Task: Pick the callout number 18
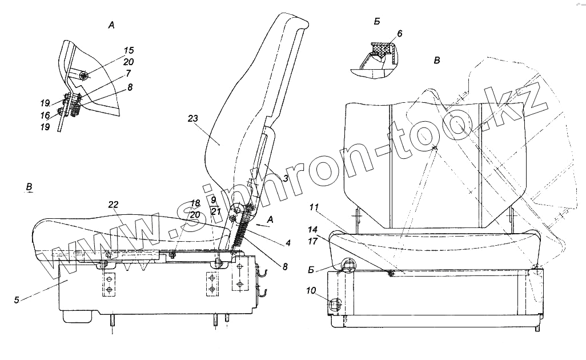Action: point(195,203)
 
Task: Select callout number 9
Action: point(212,200)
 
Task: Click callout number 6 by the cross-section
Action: point(399,34)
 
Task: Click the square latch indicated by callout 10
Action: point(334,306)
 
